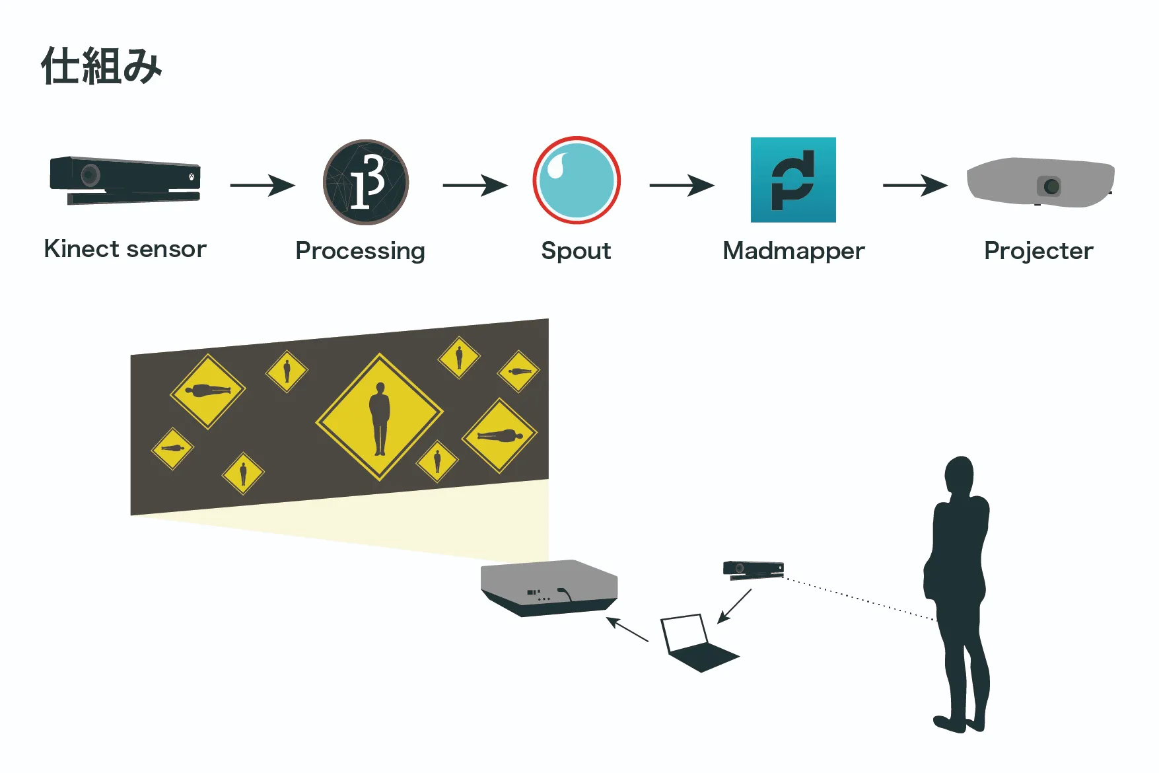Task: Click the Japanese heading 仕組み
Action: click(x=101, y=66)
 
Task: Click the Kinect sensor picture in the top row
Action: click(x=125, y=180)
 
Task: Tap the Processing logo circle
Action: click(x=366, y=182)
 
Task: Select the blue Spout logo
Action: click(x=577, y=180)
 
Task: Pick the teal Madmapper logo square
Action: click(x=793, y=180)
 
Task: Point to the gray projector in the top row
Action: click(x=1040, y=182)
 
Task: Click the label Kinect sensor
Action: click(x=125, y=249)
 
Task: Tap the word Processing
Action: click(x=360, y=251)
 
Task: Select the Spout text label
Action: click(x=576, y=251)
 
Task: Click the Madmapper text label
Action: click(x=793, y=251)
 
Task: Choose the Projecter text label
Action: click(x=1038, y=251)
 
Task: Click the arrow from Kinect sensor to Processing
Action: click(x=262, y=185)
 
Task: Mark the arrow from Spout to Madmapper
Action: click(x=682, y=185)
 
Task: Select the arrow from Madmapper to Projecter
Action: click(x=915, y=185)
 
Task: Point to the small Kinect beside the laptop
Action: click(x=753, y=570)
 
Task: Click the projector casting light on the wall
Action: click(x=549, y=587)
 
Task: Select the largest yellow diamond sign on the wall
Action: click(x=380, y=416)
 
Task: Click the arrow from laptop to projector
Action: click(x=627, y=630)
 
